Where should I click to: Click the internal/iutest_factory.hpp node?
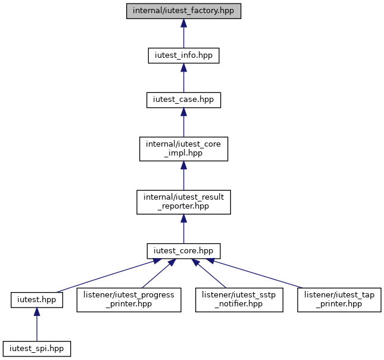pyautogui.click(x=184, y=11)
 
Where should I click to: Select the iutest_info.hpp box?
pyautogui.click(x=184, y=55)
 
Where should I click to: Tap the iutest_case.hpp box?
pyautogui.click(x=184, y=100)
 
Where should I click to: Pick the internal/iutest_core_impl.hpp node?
pyautogui.click(x=184, y=149)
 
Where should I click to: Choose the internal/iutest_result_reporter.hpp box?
pyautogui.click(x=184, y=202)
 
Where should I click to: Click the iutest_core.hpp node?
pyautogui.click(x=184, y=251)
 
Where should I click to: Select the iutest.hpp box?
pyautogui.click(x=37, y=300)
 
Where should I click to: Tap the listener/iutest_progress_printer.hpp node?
pyautogui.click(x=129, y=300)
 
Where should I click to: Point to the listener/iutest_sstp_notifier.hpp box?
pyautogui.click(x=239, y=300)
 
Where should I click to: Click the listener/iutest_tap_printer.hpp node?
pyautogui.click(x=339, y=300)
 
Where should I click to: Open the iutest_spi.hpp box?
pyautogui.click(x=37, y=349)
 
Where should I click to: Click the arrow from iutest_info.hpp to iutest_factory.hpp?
pyautogui.click(x=184, y=33)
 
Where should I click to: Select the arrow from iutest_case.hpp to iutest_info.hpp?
pyautogui.click(x=184, y=77)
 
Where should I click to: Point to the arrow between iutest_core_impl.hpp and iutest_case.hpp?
pyautogui.click(x=184, y=122)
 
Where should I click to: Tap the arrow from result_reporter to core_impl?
pyautogui.click(x=184, y=176)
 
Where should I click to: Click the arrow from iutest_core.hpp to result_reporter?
pyautogui.click(x=184, y=229)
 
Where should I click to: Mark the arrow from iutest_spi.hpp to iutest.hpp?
pyautogui.click(x=37, y=324)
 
